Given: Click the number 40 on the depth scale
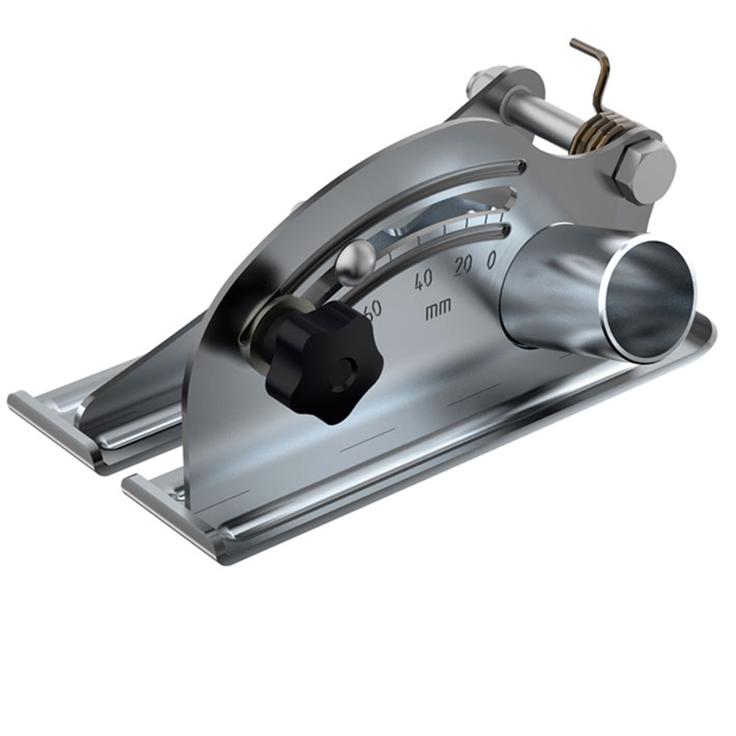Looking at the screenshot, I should click(424, 280).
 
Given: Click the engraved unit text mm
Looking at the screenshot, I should click(439, 310).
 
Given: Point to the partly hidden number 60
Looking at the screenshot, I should click(373, 308).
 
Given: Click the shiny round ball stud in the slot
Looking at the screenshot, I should click(352, 261).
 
